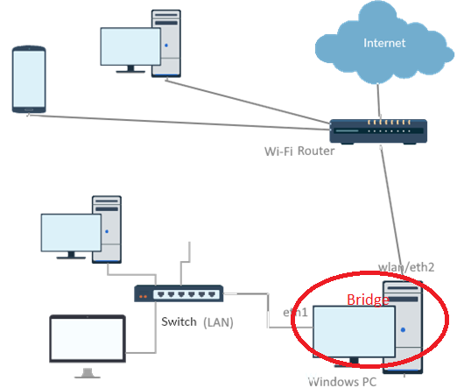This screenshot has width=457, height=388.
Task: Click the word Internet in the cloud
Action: point(384,43)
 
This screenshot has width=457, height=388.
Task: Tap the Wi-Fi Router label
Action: point(299,152)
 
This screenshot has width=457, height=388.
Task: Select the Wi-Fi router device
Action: point(378,131)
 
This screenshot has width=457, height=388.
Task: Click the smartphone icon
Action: point(29,79)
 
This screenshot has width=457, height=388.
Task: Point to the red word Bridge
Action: point(368,300)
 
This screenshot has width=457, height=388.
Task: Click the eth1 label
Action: point(295,313)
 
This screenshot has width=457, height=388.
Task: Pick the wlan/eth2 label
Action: point(406,267)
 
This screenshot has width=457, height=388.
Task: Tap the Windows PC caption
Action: point(342,382)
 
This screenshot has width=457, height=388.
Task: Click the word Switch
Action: point(179,321)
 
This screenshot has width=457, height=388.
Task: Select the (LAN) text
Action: point(218,322)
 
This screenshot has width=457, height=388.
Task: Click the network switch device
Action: point(179,293)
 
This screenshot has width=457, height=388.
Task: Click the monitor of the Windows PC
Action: point(354,332)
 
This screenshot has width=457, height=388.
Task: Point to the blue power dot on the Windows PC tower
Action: point(403,330)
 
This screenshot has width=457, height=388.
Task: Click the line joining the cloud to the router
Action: point(379,101)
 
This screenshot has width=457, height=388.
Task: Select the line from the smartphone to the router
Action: point(179,123)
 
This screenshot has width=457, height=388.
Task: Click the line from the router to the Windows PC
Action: point(391,211)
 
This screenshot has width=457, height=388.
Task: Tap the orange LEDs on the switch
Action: point(143,297)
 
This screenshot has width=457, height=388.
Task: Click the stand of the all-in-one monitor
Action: point(88,373)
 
